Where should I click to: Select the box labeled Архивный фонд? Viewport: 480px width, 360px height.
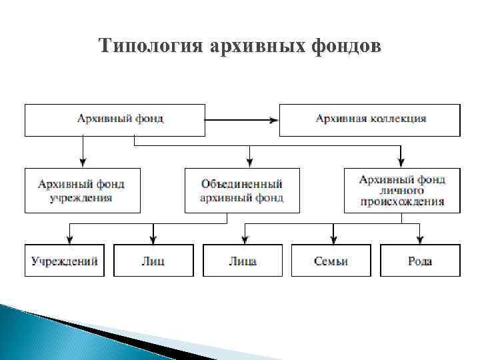pyautogui.click(x=115, y=120)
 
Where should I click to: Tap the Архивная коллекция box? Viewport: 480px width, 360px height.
pyautogui.click(x=369, y=120)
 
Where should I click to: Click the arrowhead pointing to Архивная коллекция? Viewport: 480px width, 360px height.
pyautogui.click(x=273, y=120)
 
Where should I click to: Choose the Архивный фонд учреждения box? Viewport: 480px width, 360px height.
pyautogui.click(x=83, y=190)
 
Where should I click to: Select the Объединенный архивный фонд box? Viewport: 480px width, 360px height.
pyautogui.click(x=242, y=190)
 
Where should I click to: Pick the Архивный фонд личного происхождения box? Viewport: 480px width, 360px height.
pyautogui.click(x=402, y=190)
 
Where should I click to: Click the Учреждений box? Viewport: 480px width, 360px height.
pyautogui.click(x=65, y=261)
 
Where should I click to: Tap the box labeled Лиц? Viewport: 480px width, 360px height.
pyautogui.click(x=153, y=261)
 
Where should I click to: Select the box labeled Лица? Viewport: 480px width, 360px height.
pyautogui.click(x=243, y=261)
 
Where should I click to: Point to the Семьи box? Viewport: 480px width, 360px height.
pyautogui.click(x=331, y=261)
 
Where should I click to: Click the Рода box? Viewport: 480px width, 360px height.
pyautogui.click(x=420, y=261)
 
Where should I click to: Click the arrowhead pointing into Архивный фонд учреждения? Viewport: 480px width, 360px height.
pyautogui.click(x=83, y=162)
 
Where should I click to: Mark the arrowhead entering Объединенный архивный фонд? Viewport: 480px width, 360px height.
pyautogui.click(x=250, y=162)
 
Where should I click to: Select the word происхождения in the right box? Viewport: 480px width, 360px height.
pyautogui.click(x=402, y=202)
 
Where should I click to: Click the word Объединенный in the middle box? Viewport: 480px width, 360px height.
pyautogui.click(x=242, y=184)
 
